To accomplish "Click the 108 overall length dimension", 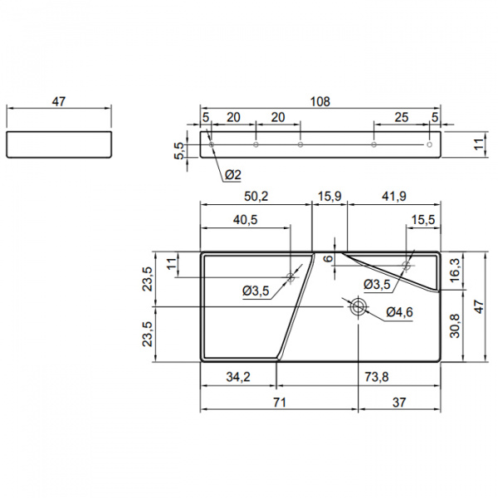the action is [x=320, y=101].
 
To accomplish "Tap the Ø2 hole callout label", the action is [x=233, y=174].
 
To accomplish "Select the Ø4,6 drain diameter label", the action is [x=399, y=312].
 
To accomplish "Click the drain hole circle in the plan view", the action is [x=359, y=306].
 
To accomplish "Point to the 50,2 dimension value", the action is [x=256, y=196].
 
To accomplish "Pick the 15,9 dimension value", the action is [x=330, y=196].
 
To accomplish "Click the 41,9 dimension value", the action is [x=393, y=196].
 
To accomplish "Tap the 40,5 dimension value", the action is [x=245, y=219].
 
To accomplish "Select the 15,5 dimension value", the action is [x=423, y=219].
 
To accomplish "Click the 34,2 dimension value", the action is [x=238, y=377].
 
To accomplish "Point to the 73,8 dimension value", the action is [x=377, y=377].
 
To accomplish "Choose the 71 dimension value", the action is [x=280, y=403].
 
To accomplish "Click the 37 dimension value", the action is [x=399, y=403].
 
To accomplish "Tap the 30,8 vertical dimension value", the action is [x=455, y=326].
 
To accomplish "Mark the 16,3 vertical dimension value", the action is [x=455, y=271].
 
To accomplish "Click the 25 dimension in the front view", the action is [x=401, y=118].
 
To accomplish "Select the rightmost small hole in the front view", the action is [x=429, y=144].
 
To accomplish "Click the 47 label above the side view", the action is [x=59, y=101].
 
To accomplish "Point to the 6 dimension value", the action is [x=329, y=258].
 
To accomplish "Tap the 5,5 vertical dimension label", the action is [x=178, y=151].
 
